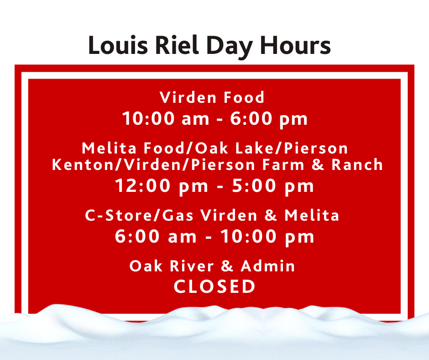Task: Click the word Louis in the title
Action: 118,45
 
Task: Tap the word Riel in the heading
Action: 177,45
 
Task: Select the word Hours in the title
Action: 295,45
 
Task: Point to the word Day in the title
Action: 229,47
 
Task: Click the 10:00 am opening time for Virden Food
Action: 166,119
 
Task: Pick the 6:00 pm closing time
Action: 269,119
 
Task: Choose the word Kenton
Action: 83,164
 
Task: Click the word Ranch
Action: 357,164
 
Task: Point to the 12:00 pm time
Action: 162,186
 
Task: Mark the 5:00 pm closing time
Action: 273,186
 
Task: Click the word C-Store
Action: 119,215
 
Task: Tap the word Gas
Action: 178,215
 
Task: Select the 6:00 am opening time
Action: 156,237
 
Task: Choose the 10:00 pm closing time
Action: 267,237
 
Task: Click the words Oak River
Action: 172,266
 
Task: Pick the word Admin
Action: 268,266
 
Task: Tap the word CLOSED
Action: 214,286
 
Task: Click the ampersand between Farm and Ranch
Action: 318,164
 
